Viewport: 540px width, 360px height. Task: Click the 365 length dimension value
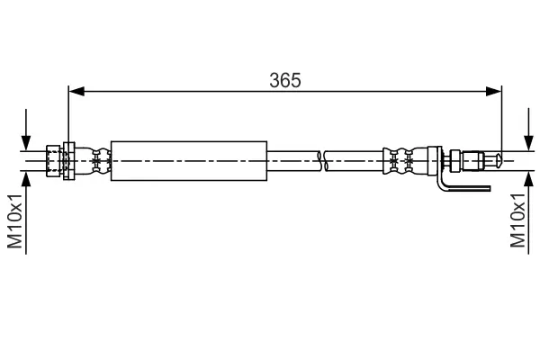(x=285, y=79)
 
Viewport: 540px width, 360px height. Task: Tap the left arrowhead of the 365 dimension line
(x=76, y=90)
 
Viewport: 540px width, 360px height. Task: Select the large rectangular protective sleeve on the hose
(x=188, y=161)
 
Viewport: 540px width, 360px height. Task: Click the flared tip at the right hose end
(x=491, y=161)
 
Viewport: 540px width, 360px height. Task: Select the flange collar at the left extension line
(x=68, y=161)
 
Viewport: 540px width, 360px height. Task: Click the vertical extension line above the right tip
(x=500, y=117)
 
